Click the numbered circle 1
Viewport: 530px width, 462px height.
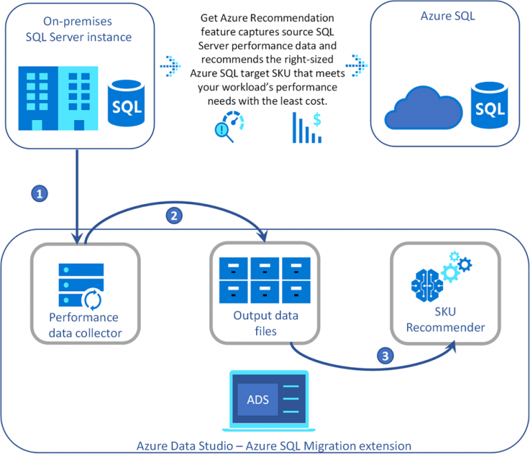41,194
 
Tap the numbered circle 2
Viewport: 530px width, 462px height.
175,215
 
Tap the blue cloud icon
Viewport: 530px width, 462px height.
422,108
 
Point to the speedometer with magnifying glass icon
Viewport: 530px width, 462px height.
230,125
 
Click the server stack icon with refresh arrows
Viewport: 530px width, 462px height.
75,283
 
